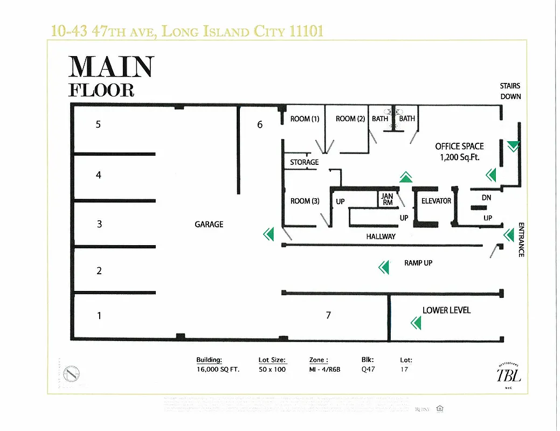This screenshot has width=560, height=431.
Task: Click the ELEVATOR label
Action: (x=436, y=201)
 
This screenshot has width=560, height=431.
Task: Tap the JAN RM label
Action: (x=388, y=200)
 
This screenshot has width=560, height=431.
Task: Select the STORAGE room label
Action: (x=304, y=162)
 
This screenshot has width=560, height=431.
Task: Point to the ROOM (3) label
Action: (x=305, y=201)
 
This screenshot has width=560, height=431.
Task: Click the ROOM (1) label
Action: (x=305, y=119)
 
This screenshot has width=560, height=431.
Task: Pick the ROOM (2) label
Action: (x=350, y=119)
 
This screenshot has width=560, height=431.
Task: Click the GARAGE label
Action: (x=209, y=224)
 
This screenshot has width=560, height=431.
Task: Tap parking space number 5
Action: (x=98, y=124)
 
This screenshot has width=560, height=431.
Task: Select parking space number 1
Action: (x=99, y=316)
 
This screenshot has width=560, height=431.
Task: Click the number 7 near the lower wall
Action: (x=328, y=315)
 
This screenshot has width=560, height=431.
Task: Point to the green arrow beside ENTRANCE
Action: (x=508, y=235)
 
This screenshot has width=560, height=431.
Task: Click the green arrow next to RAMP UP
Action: (x=383, y=267)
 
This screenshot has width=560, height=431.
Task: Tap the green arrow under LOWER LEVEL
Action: (x=416, y=323)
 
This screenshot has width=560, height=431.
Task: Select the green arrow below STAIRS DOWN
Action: (x=514, y=145)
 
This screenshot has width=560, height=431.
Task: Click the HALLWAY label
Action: (x=381, y=237)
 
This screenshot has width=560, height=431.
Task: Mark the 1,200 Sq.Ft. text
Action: (x=460, y=157)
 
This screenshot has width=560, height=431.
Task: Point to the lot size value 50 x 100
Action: (x=272, y=369)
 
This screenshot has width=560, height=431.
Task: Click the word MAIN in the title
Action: (x=111, y=67)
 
